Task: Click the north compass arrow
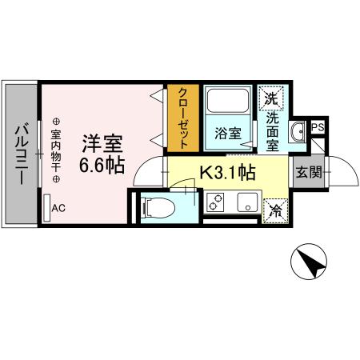(x=309, y=262)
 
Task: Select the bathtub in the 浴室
(x=227, y=104)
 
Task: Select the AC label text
(x=58, y=209)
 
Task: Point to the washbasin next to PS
(x=298, y=132)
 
